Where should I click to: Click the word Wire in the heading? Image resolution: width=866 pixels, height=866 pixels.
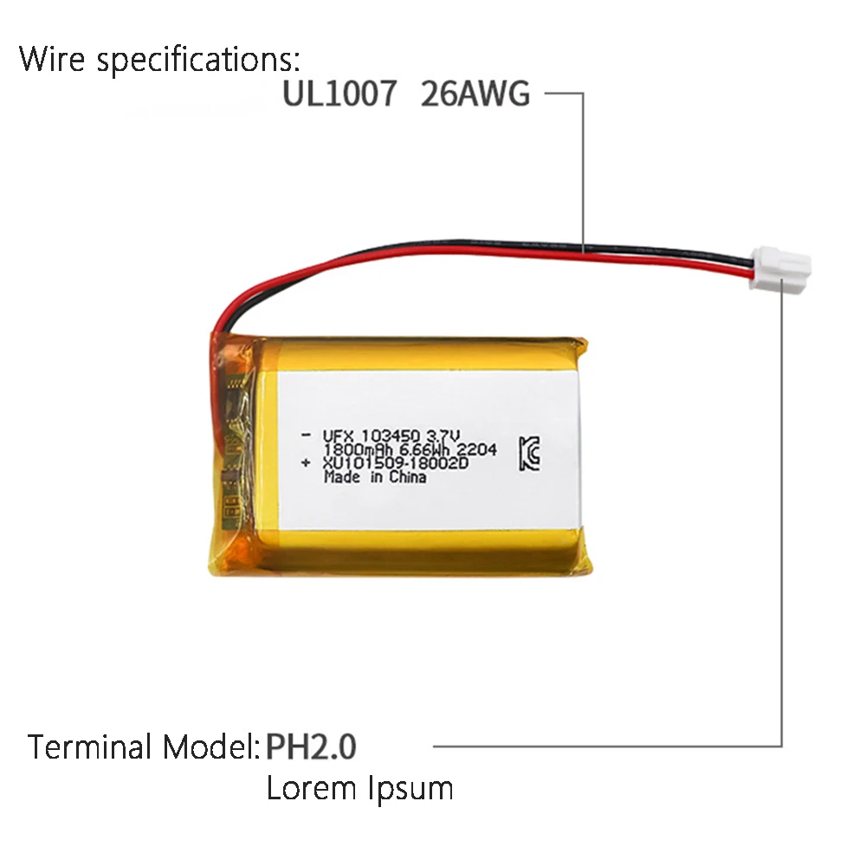click(x=55, y=61)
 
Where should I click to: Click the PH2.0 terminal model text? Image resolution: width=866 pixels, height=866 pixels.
click(x=311, y=746)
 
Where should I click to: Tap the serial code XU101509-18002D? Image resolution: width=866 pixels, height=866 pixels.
click(x=395, y=464)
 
